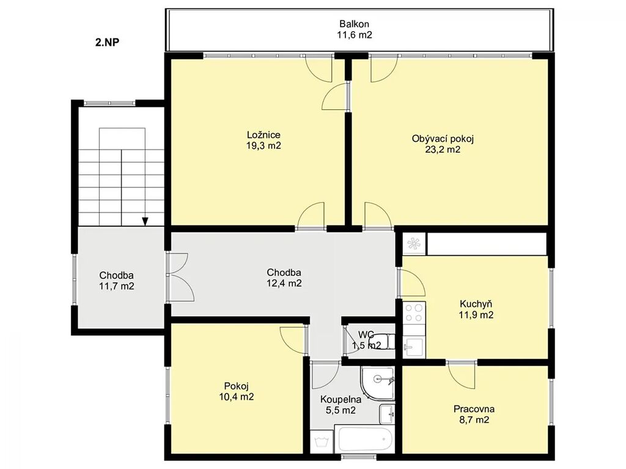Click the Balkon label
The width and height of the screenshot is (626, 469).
(x=354, y=24)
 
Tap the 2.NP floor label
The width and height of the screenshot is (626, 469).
(x=108, y=42)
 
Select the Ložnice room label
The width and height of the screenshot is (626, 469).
(x=263, y=135)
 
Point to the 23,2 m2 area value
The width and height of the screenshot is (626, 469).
(x=443, y=150)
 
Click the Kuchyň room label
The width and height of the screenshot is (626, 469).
(x=476, y=304)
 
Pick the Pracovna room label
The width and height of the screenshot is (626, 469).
(x=474, y=409)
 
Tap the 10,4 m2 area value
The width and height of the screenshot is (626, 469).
(x=237, y=397)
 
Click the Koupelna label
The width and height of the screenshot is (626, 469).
(x=341, y=399)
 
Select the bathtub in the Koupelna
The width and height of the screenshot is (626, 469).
(x=365, y=440)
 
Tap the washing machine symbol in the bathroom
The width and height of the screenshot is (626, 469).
(x=322, y=442)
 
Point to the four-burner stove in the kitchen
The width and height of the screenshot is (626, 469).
(x=414, y=313)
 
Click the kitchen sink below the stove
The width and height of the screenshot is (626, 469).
(x=414, y=347)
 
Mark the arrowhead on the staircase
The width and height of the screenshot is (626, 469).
(x=145, y=221)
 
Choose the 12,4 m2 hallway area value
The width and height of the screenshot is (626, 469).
(x=284, y=283)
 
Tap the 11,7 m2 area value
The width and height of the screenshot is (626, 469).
(x=117, y=286)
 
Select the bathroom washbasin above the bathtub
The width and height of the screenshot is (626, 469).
(x=386, y=414)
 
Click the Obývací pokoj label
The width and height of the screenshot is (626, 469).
(x=443, y=139)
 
